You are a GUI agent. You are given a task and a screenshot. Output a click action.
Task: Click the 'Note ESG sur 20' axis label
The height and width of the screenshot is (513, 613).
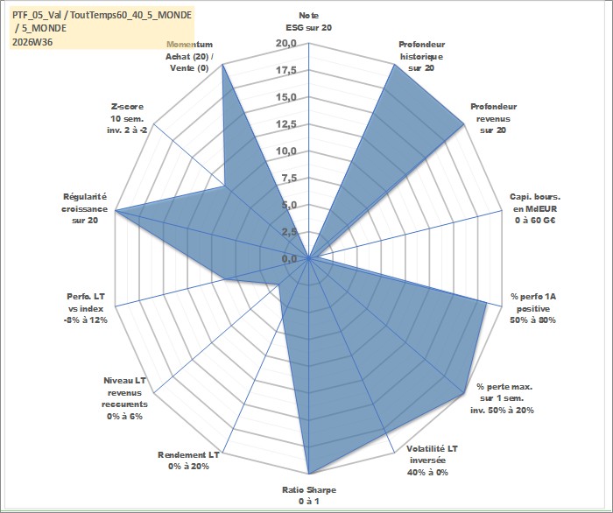tap(309, 22)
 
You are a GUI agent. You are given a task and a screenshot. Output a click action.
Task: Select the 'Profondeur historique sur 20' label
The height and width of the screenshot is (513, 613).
tap(421, 56)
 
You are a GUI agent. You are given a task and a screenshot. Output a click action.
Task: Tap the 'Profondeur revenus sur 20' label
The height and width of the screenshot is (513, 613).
tap(493, 118)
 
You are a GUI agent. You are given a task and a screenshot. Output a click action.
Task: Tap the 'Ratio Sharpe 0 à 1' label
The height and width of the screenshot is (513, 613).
tap(309, 495)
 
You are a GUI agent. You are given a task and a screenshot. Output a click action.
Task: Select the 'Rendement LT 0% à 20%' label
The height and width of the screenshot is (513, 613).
tap(188, 460)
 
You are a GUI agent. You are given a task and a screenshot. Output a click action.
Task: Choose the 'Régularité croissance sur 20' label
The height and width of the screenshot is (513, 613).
tap(84, 208)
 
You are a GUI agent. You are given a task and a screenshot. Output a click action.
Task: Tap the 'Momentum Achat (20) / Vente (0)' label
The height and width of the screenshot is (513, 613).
tap(190, 56)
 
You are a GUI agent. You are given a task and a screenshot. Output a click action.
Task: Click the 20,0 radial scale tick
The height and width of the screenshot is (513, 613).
tap(286, 44)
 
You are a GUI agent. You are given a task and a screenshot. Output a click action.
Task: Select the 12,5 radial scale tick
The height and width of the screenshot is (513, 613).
tap(286, 124)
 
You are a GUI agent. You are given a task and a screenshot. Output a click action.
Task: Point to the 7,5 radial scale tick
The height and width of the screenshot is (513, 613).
tap(289, 179)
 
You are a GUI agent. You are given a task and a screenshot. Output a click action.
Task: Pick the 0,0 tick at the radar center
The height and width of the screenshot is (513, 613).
tap(289, 258)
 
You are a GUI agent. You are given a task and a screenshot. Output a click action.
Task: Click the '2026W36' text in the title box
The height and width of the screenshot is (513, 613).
tap(32, 42)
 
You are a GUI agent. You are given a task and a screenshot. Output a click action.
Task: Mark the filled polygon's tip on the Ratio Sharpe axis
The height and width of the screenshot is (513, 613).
tap(309, 474)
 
